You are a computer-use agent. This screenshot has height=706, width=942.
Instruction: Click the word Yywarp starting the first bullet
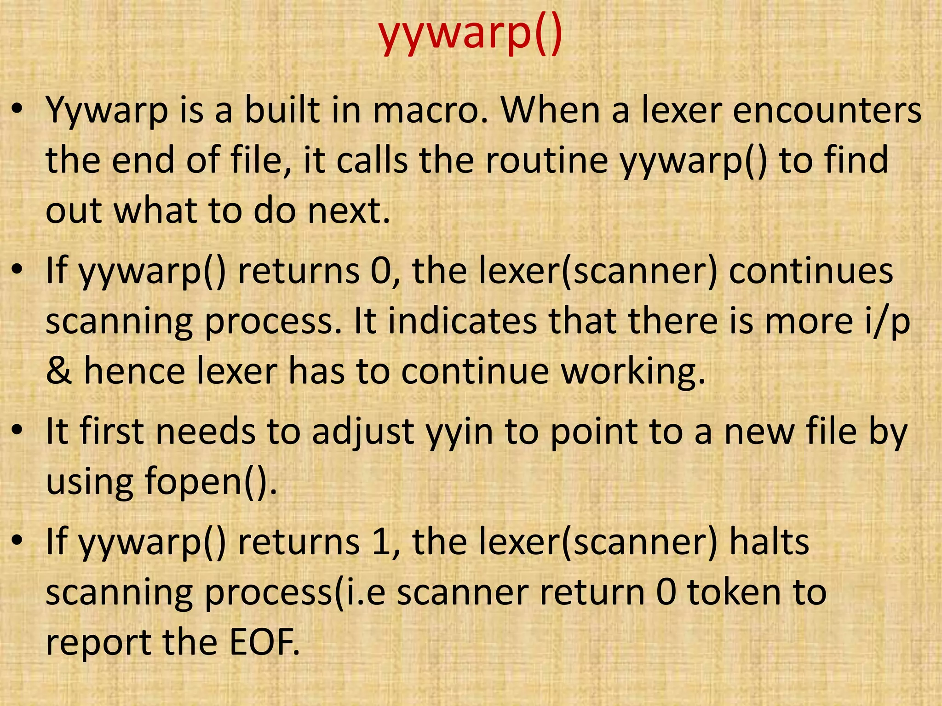coord(107,112)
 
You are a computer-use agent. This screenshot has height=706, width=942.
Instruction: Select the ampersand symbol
coord(59,371)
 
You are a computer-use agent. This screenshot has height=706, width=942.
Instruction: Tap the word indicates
coord(462,321)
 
